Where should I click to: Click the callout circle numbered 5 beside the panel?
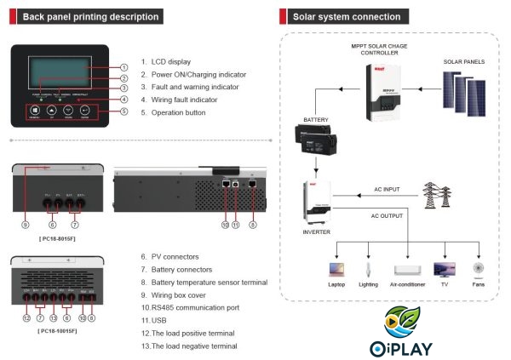(123, 111)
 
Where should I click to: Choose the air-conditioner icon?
(406, 269)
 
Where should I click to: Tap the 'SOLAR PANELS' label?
(464, 61)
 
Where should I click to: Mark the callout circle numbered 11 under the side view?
(235, 225)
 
